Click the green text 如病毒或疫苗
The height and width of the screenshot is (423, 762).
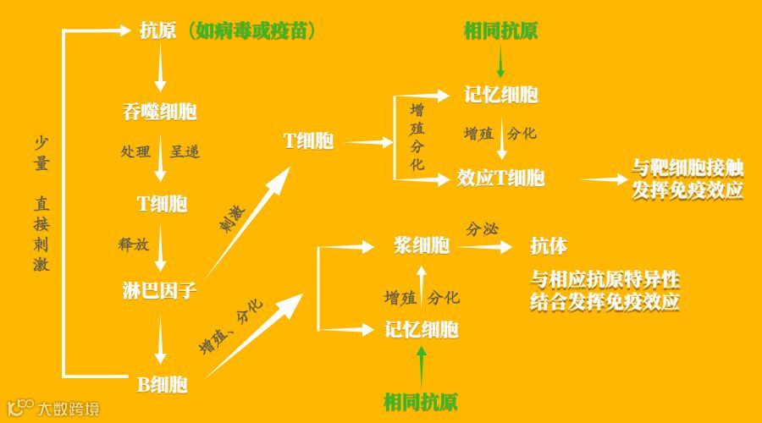tap(254, 32)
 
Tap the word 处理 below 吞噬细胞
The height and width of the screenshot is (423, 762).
tap(135, 152)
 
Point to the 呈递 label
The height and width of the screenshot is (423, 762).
tap(186, 152)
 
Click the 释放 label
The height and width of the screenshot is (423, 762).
tap(134, 244)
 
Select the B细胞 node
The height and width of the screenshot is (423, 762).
tap(162, 385)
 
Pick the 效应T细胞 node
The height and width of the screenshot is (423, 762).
tap(500, 179)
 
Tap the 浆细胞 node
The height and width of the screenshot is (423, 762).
tap(422, 246)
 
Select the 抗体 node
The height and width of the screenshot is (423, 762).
tap(549, 246)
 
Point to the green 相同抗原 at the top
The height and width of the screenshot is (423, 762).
tap(500, 32)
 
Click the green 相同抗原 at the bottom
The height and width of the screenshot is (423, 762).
tap(421, 400)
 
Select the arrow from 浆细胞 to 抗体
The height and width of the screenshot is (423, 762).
tap(483, 247)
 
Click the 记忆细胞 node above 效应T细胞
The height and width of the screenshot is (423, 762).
tap(500, 95)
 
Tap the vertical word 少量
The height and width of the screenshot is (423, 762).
tap(41, 154)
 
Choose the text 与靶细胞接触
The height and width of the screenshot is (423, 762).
tap(687, 167)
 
